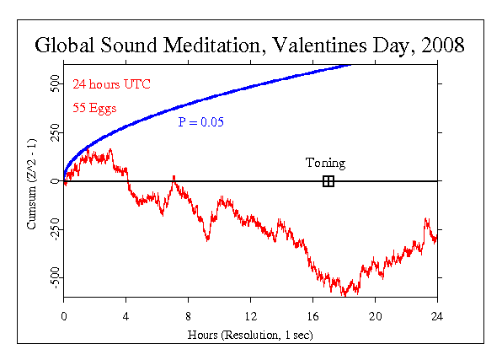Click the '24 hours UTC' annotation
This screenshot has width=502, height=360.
click(x=111, y=85)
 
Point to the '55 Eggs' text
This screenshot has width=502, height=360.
click(x=95, y=107)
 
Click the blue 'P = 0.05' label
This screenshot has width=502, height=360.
click(x=200, y=121)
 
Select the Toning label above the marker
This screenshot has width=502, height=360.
click(x=325, y=163)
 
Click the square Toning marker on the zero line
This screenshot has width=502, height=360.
click(x=328, y=181)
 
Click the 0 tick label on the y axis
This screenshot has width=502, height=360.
click(x=55, y=181)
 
